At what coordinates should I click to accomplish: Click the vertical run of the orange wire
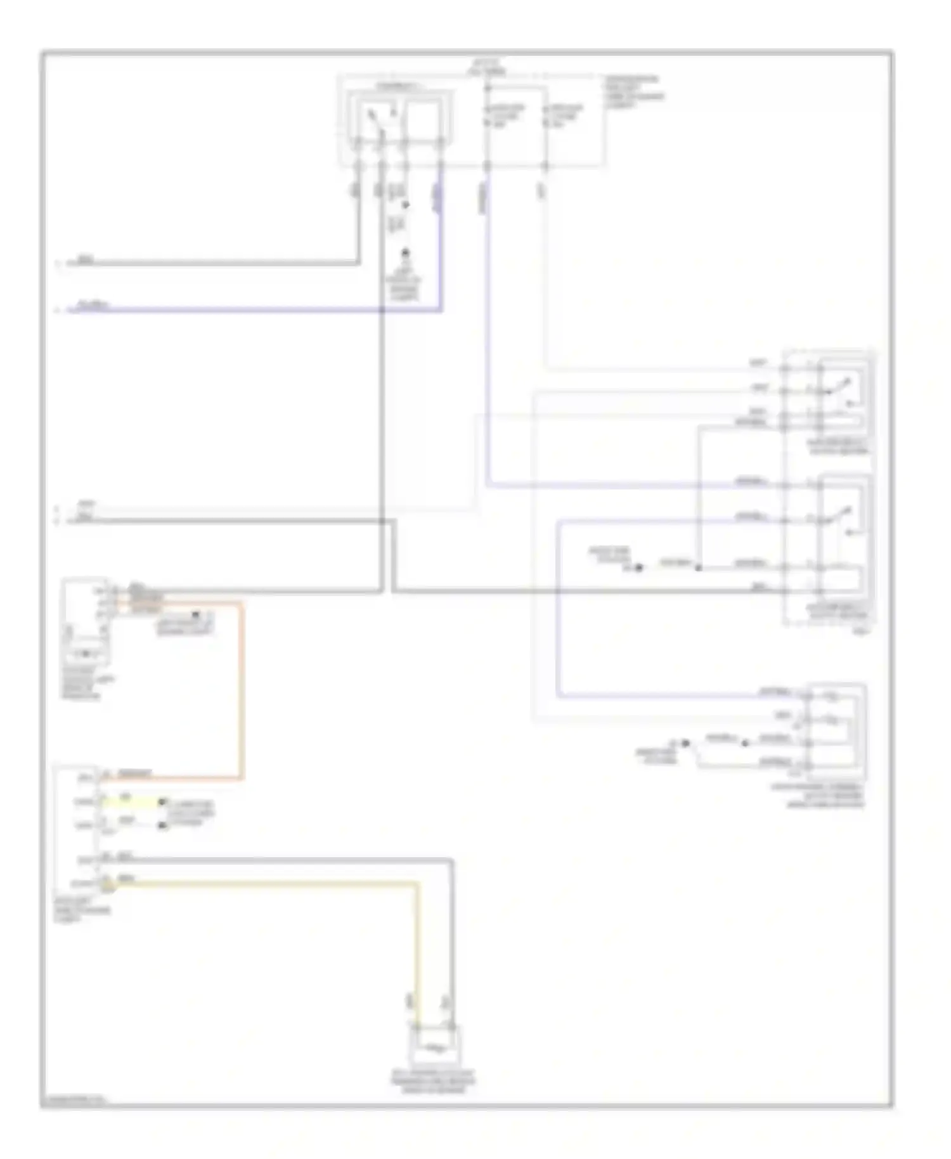click(242, 691)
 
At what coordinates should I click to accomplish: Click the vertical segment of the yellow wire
click(417, 951)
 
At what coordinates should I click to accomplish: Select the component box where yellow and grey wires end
click(435, 1047)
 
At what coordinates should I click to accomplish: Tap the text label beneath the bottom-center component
click(433, 1081)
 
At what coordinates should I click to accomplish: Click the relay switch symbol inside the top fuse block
click(378, 120)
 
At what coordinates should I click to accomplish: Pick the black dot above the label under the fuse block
click(404, 253)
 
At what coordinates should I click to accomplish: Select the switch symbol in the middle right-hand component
click(843, 517)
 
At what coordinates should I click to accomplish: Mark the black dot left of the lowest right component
click(685, 742)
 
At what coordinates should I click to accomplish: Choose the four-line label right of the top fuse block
click(634, 93)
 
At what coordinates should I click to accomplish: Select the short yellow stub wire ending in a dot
click(133, 802)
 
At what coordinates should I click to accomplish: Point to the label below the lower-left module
click(81, 910)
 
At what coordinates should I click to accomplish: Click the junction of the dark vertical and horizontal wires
click(382, 521)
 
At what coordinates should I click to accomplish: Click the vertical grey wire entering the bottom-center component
click(451, 951)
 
